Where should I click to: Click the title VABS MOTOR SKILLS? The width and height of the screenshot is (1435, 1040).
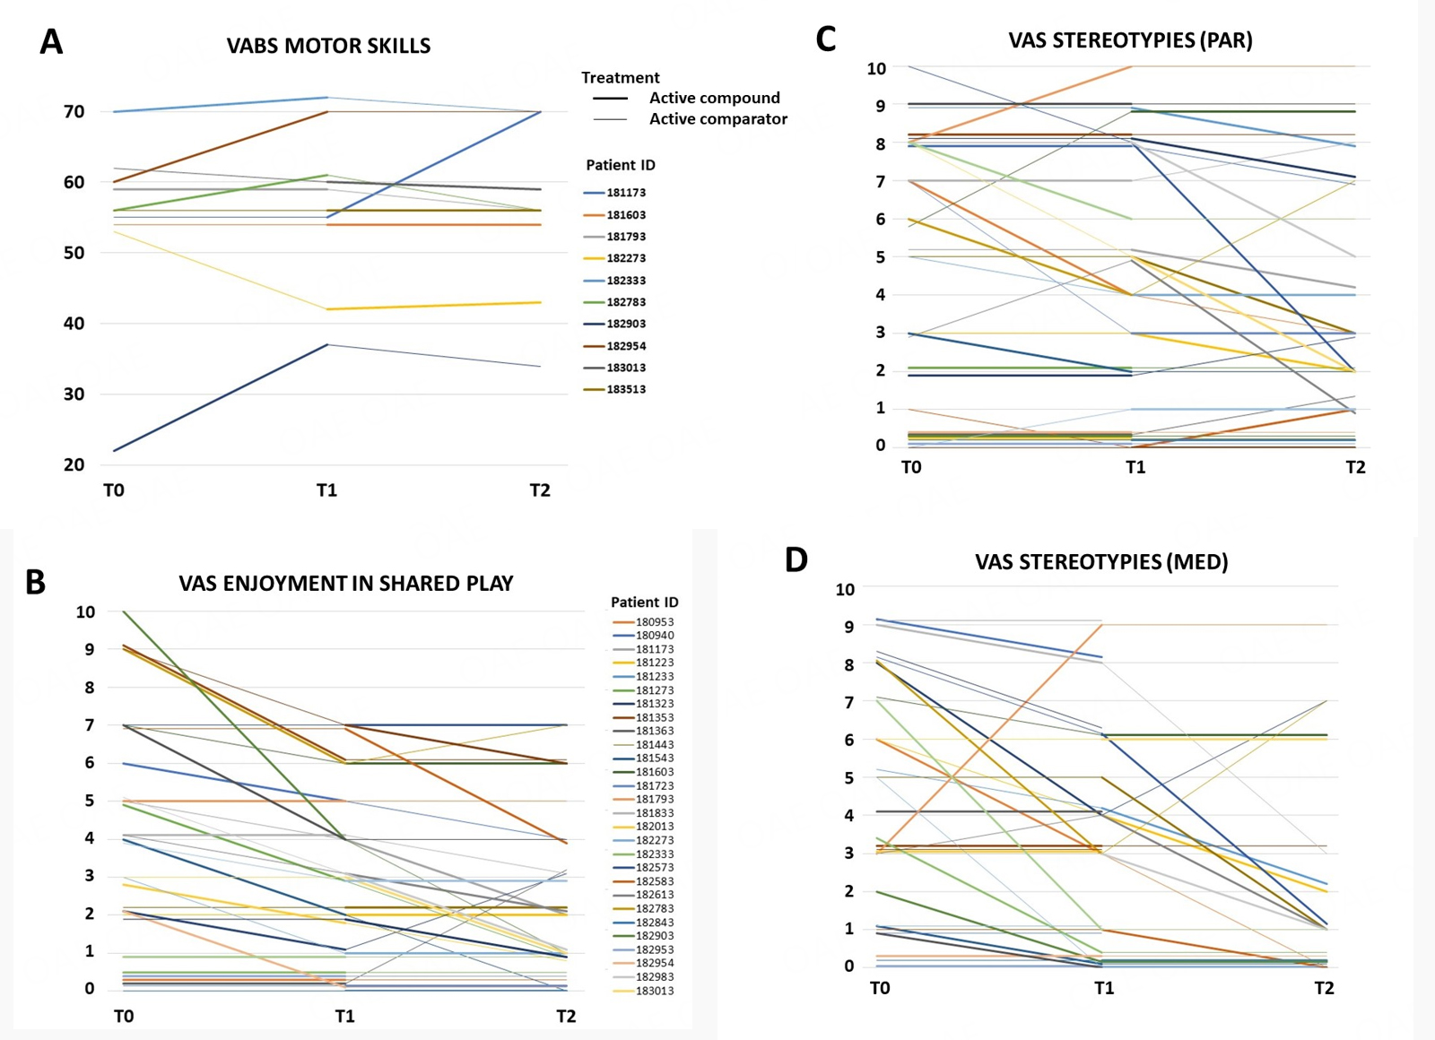pos(328,46)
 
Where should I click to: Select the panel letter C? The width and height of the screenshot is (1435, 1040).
pos(825,39)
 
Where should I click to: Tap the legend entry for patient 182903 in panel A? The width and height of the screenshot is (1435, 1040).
pos(625,324)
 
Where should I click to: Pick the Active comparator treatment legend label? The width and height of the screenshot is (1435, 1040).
pos(717,119)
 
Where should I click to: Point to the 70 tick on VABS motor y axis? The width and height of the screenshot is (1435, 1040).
pos(74,112)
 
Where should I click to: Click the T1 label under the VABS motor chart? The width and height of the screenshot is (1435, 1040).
pos(326,490)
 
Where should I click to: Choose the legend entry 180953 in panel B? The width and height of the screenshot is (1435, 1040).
pos(654,621)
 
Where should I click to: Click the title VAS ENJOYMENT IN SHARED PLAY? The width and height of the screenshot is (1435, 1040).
pos(345,584)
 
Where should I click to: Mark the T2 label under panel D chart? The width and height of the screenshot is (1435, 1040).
pos(1324,988)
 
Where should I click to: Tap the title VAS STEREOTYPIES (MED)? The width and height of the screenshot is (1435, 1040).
pos(1101,562)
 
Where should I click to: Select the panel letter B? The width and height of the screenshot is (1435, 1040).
pos(35,583)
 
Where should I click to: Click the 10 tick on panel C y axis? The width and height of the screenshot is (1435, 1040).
pos(876,68)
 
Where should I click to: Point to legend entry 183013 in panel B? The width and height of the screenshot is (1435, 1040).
pos(654,991)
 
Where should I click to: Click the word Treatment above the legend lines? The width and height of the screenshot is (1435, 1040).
pos(620,78)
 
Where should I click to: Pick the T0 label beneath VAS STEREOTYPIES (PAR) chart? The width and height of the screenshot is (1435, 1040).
pos(911,467)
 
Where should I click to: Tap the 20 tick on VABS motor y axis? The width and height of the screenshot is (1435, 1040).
pos(74,464)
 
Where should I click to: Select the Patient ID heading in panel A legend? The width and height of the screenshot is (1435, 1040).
pos(621,165)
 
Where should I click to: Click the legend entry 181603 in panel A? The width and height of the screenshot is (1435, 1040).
pos(625,215)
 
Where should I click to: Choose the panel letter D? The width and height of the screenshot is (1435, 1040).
pos(796,560)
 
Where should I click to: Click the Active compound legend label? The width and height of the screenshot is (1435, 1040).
pos(714,98)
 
